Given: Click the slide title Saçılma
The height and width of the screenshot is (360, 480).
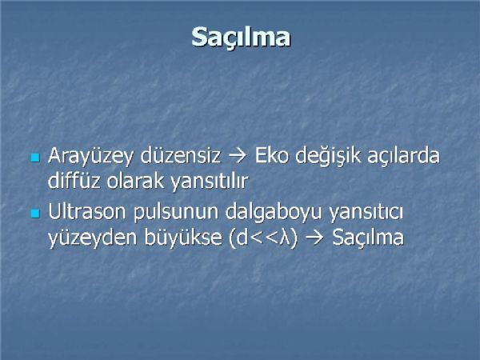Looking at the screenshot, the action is pos(241,37).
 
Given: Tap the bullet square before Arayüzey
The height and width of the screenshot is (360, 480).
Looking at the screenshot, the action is pos(35,158).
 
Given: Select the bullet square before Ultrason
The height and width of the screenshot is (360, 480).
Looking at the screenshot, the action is pos(35,214).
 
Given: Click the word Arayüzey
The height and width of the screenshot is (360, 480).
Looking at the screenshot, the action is pos(90,157).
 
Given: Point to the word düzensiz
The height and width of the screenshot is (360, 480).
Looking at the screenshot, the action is pos(180,155).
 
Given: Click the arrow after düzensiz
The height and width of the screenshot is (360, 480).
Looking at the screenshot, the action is pos(238,156).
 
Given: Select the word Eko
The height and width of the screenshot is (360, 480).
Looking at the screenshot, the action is pos(271,155).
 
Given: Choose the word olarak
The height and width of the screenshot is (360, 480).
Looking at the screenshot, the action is pos(136,180).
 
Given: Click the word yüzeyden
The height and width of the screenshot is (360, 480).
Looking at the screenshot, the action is pos(93,238).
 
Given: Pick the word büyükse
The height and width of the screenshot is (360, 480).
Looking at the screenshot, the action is pos(182,238).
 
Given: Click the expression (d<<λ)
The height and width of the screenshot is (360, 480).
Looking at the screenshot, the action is pos(263,238).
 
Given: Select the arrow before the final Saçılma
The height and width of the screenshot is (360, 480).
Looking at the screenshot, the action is pos(314,238).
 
